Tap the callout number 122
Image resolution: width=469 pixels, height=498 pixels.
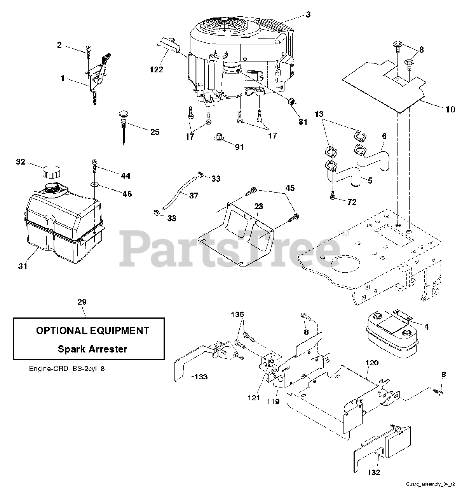point(156,70)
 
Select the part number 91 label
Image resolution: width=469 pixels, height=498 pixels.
point(239,147)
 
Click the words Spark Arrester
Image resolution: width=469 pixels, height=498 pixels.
point(92,349)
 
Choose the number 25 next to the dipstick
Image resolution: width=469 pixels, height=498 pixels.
point(155,132)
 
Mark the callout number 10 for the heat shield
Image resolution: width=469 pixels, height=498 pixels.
point(450,109)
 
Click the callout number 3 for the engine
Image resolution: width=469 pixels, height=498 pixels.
point(308,15)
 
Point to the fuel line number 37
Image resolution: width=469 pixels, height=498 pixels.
point(194,195)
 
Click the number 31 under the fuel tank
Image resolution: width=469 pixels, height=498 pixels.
point(23,267)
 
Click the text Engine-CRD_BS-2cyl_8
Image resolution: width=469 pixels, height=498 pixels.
point(66,368)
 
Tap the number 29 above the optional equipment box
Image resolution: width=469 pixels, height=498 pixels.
point(82,302)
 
